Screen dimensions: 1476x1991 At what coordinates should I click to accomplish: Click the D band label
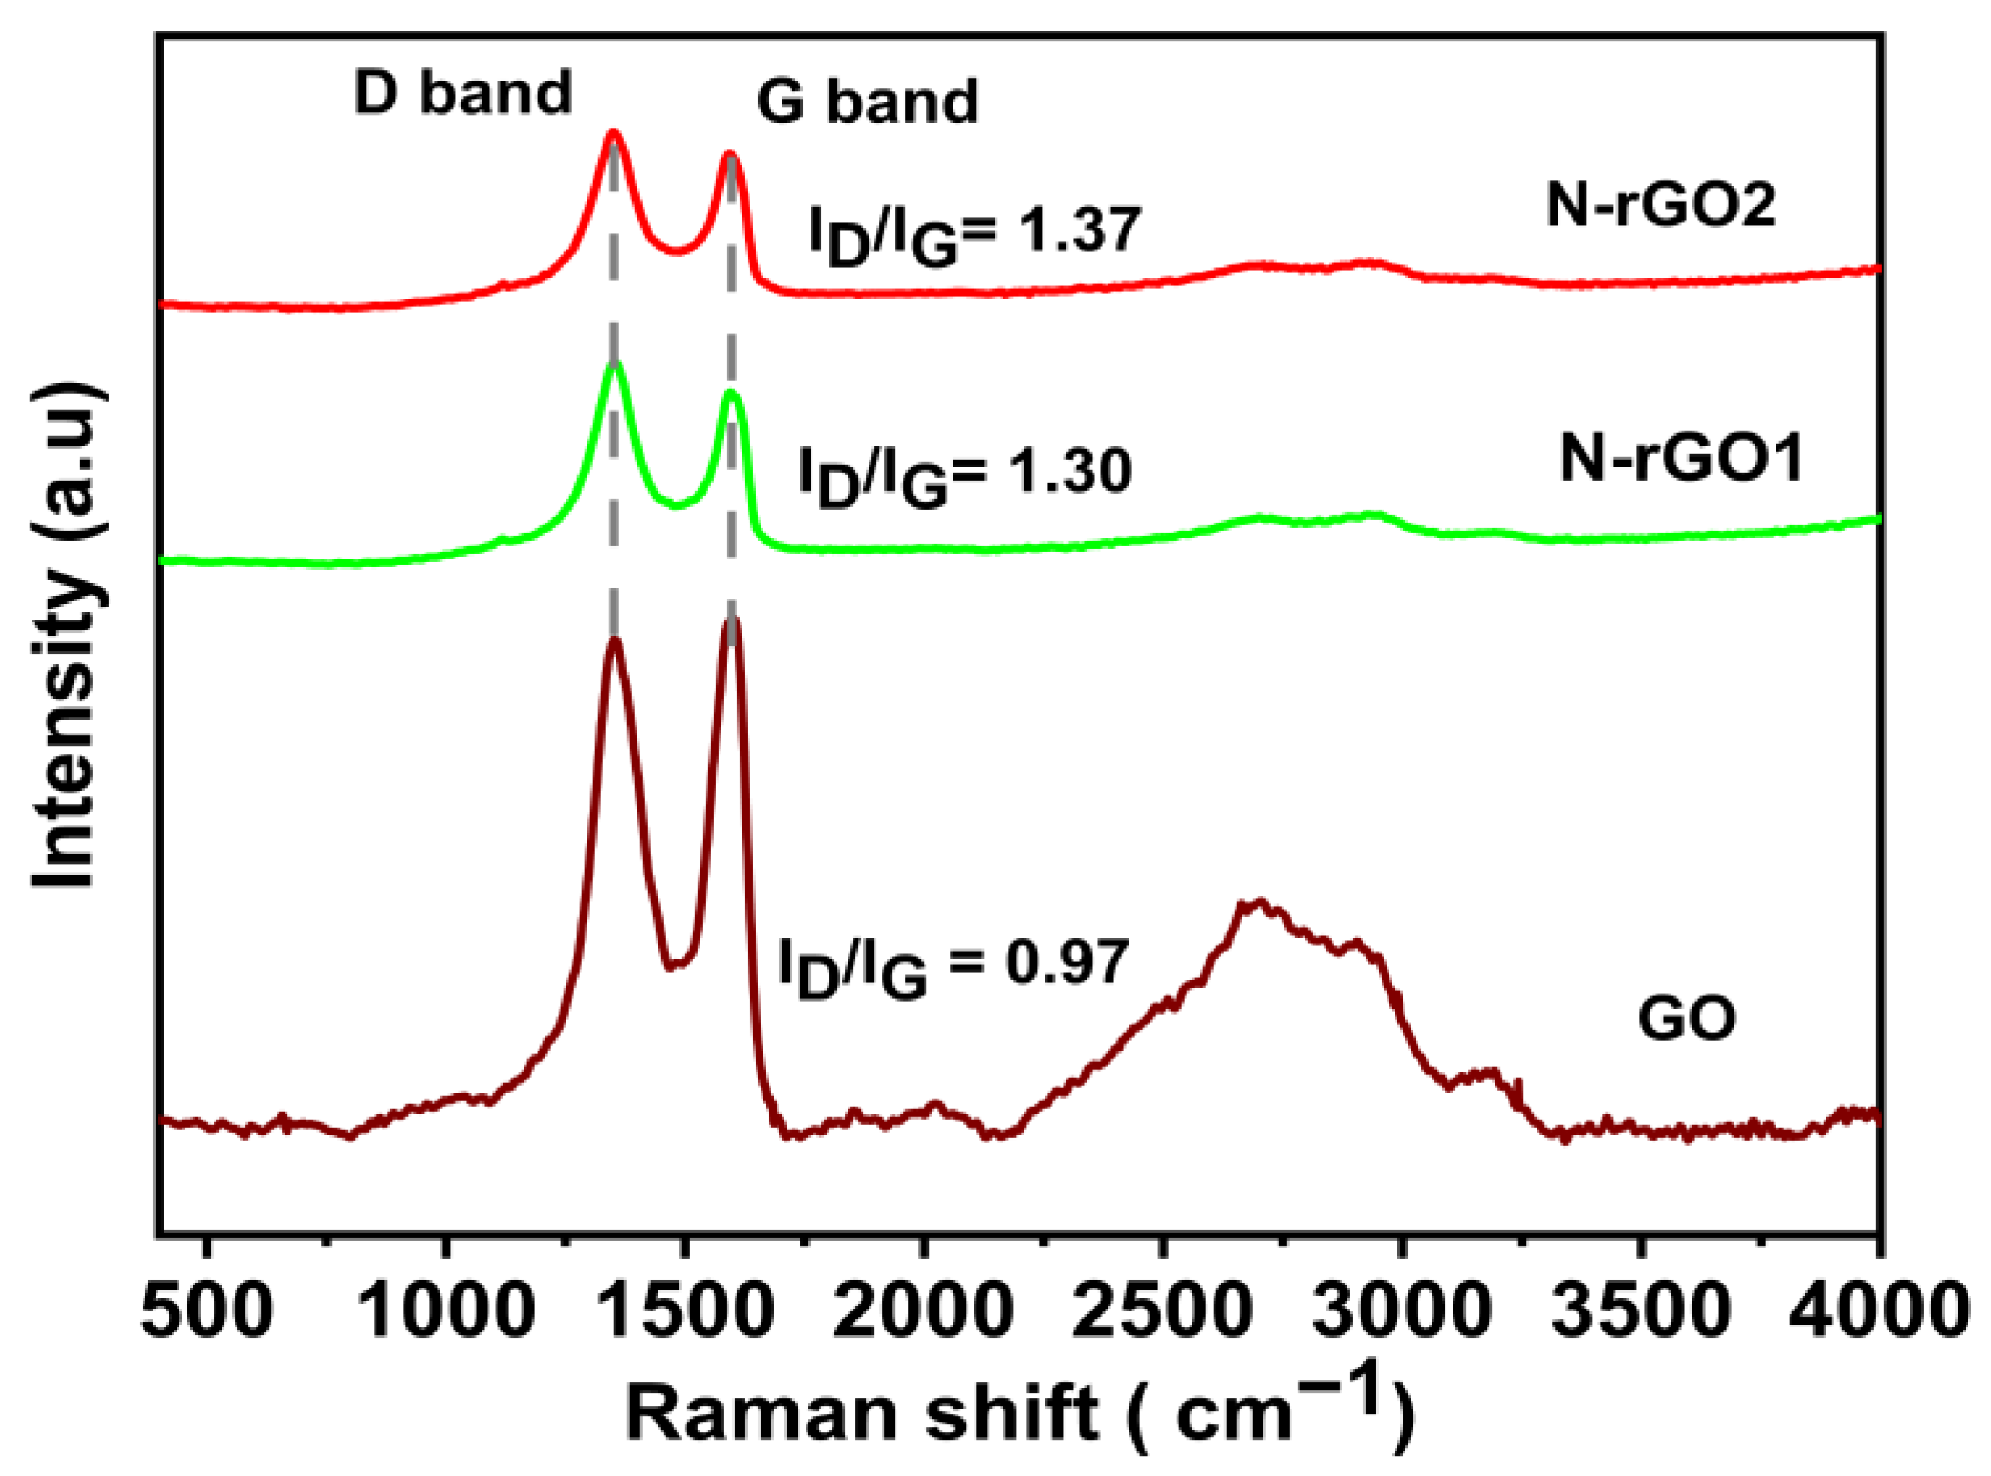pos(462,93)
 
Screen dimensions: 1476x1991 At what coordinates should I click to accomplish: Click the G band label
pos(867,102)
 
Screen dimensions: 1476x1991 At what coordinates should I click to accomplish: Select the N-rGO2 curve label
pos(1660,206)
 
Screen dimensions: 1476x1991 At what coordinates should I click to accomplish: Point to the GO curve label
pos(1687,1019)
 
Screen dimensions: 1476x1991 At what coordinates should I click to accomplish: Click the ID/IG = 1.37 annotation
pos(975,234)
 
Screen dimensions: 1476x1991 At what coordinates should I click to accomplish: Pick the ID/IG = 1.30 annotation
pos(965,475)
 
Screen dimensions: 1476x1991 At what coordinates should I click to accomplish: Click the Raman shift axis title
pos(1019,1412)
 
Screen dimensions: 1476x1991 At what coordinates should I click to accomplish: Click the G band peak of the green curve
pos(732,393)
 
